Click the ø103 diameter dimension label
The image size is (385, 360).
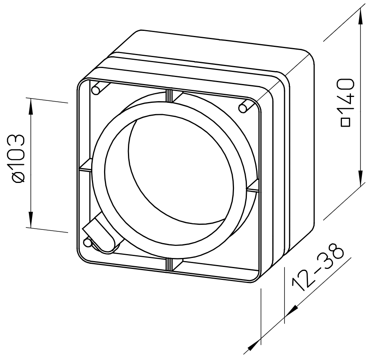(19, 158)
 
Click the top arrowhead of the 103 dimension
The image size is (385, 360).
(31, 107)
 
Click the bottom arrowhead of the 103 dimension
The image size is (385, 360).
(31, 219)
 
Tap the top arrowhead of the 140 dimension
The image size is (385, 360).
(360, 16)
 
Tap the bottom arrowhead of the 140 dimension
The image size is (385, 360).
(360, 177)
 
